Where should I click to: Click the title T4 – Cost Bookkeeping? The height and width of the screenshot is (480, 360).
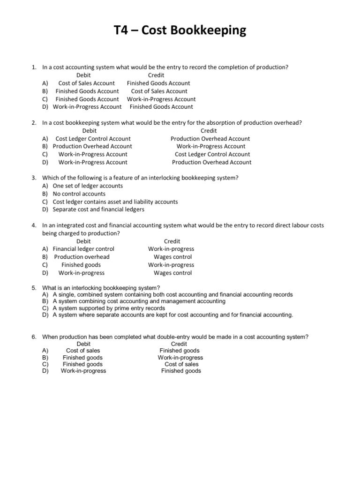click(x=180, y=31)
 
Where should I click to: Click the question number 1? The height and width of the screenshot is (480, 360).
click(x=34, y=67)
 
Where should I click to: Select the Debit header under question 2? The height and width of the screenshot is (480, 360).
click(x=90, y=131)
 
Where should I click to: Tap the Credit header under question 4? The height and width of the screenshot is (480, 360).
click(x=172, y=241)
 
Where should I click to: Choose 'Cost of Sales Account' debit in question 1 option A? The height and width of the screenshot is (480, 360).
click(x=86, y=83)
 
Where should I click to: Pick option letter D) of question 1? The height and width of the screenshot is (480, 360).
click(x=45, y=107)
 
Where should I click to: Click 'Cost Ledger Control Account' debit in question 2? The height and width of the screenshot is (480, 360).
click(x=93, y=139)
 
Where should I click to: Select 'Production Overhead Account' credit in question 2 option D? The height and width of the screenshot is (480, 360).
click(x=211, y=162)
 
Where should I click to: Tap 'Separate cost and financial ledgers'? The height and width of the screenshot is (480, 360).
click(x=98, y=210)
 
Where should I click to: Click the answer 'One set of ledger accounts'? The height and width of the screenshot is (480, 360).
click(x=88, y=186)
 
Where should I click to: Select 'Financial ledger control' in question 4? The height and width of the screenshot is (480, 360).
click(x=83, y=249)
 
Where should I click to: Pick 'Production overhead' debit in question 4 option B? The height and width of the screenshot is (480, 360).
click(x=82, y=257)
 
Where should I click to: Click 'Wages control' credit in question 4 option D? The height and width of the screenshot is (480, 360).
click(x=172, y=273)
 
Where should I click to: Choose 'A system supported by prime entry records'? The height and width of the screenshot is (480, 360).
click(x=109, y=308)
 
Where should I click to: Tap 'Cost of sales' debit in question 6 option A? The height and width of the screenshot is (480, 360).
click(x=83, y=351)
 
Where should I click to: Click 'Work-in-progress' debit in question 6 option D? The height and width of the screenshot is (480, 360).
click(x=83, y=371)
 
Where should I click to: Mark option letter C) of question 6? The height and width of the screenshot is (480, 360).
click(x=45, y=364)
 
